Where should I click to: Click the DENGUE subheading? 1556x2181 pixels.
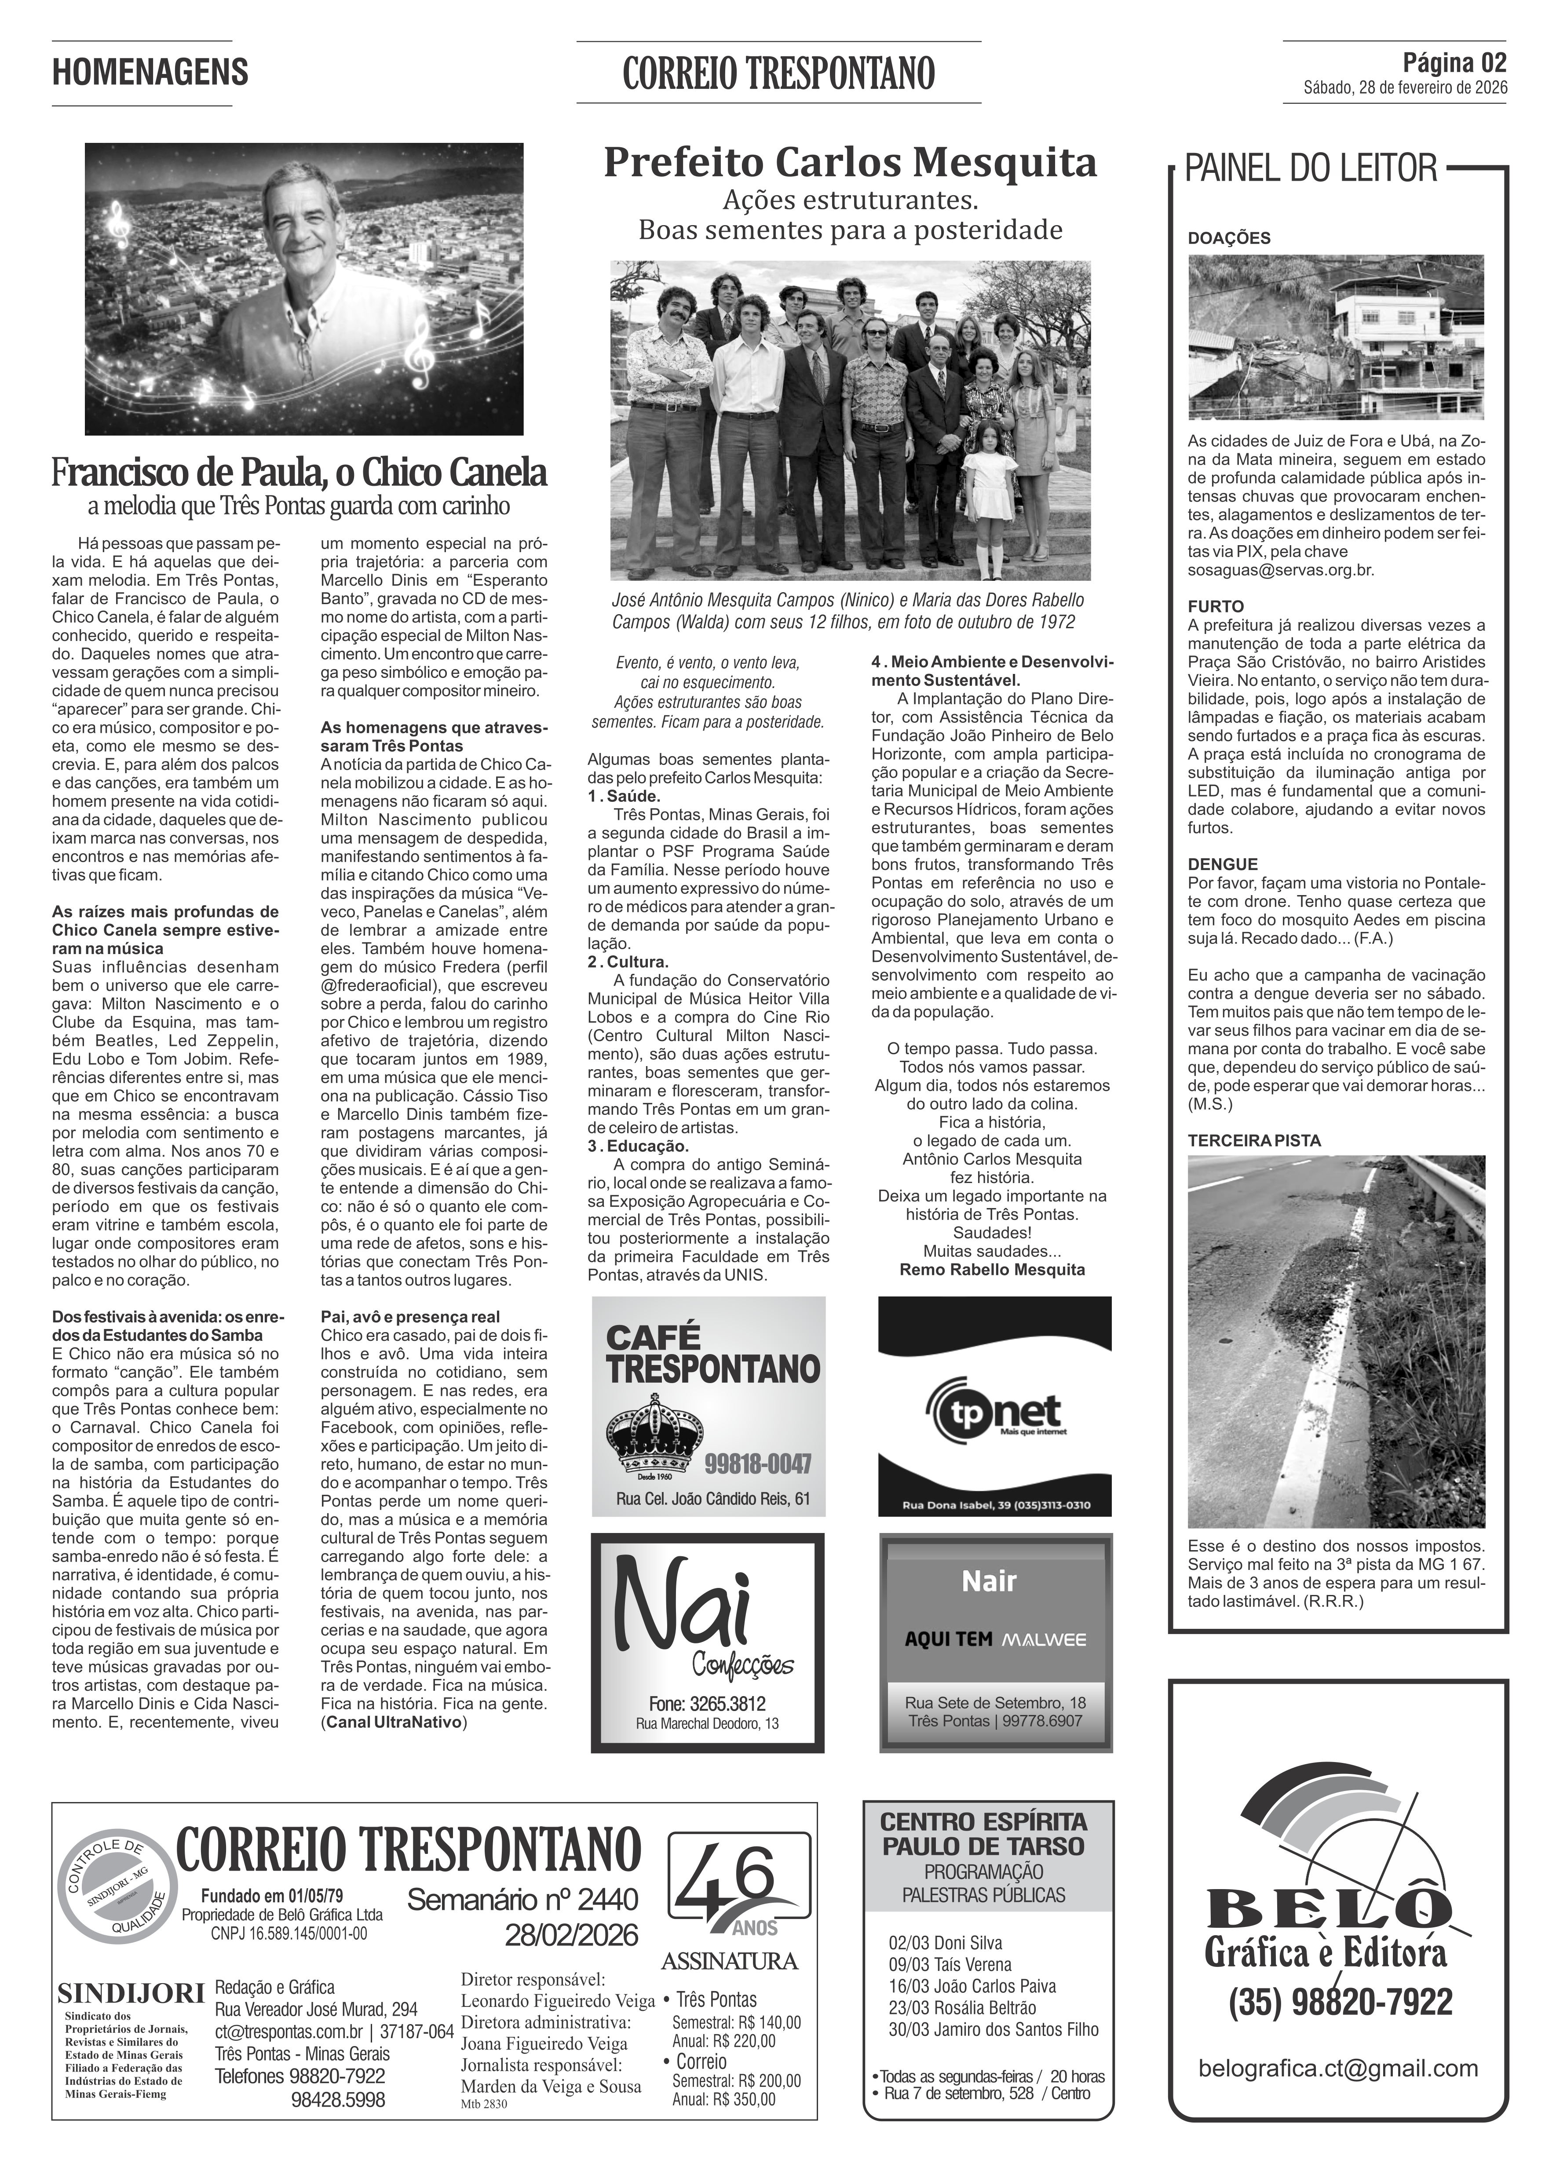pyautogui.click(x=1223, y=864)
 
